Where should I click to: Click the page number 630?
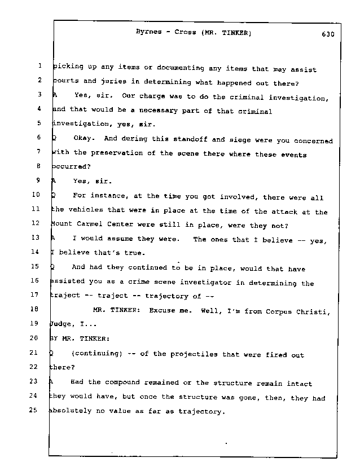(x=327, y=33)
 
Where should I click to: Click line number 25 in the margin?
(x=34, y=411)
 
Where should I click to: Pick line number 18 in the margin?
(x=34, y=309)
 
